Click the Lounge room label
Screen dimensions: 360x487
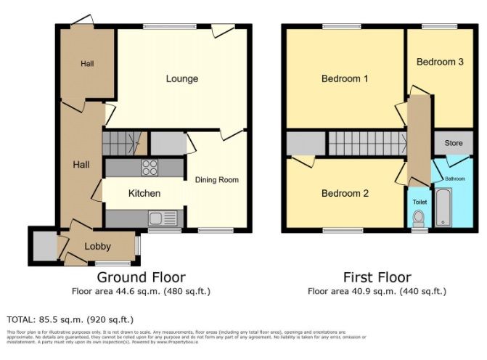pyautogui.click(x=181, y=78)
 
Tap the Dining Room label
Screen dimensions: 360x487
pyautogui.click(x=216, y=180)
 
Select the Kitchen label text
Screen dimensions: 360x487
pyautogui.click(x=144, y=193)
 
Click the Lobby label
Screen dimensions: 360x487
pyautogui.click(x=98, y=246)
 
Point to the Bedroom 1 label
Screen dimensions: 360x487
pyautogui.click(x=345, y=78)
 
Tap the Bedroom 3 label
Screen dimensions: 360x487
pyautogui.click(x=440, y=62)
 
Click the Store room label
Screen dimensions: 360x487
pyautogui.click(x=454, y=143)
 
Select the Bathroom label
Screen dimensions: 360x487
pyautogui.click(x=455, y=179)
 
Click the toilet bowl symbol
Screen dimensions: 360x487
pyautogui.click(x=418, y=218)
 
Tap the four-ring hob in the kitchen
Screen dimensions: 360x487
pyautogui.click(x=150, y=168)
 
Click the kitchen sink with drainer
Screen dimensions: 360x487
pyautogui.click(x=160, y=218)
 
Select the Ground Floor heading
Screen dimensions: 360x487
pyautogui.click(x=141, y=277)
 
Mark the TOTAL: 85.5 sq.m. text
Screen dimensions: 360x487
pyautogui.click(x=70, y=319)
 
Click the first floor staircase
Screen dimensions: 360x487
pyautogui.click(x=366, y=143)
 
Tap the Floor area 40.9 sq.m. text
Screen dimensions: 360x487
pyautogui.click(x=377, y=292)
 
